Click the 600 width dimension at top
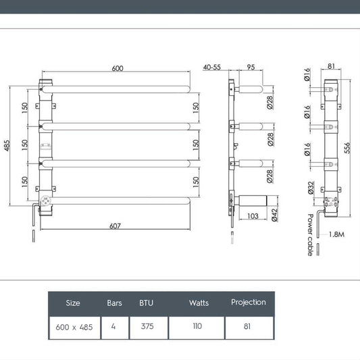[x=118, y=68]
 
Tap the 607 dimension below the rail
[x=115, y=226]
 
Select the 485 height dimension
[x=7, y=146]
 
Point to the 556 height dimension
[x=347, y=148]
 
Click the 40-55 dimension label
[x=211, y=68]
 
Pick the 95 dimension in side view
[x=251, y=67]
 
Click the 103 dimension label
[x=253, y=216]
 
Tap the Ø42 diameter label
[x=274, y=215]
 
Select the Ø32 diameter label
[x=311, y=188]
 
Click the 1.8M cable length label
[x=336, y=234]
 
